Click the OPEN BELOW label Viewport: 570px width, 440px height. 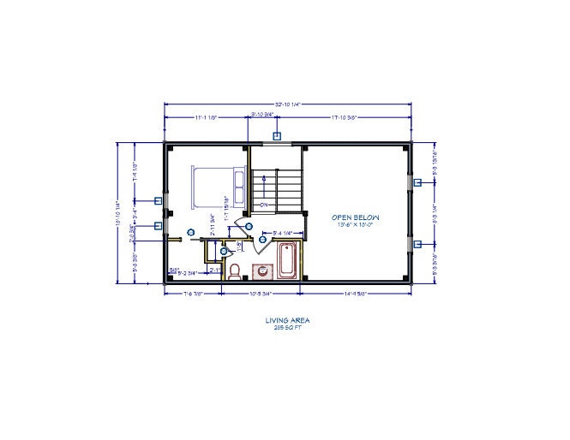point(355,217)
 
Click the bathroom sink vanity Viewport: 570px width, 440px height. point(261,271)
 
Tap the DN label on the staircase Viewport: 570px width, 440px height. point(264,205)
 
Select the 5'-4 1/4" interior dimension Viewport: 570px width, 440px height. point(283,233)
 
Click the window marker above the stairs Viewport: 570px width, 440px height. point(277,135)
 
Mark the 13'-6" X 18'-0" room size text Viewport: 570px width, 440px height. point(355,227)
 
